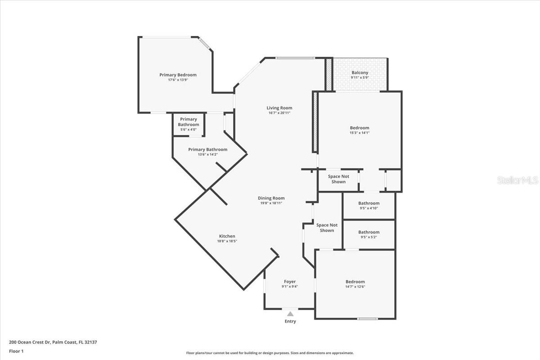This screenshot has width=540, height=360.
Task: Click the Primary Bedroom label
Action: tap(178, 75)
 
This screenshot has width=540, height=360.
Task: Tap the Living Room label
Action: tap(279, 108)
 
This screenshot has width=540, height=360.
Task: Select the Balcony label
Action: tap(360, 72)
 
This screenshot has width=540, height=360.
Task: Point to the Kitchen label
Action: tap(227, 236)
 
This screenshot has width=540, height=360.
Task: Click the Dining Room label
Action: tap(271, 198)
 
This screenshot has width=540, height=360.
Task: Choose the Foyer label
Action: tap(290, 282)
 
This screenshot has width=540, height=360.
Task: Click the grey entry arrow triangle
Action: tap(290, 314)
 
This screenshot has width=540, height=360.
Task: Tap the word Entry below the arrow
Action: tap(290, 321)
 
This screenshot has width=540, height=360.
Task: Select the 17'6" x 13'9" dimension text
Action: tap(178, 80)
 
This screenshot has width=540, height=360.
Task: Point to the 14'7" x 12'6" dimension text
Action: tap(355, 287)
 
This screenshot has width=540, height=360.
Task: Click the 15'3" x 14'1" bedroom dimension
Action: tap(360, 133)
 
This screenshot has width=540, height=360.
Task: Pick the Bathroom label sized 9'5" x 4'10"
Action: tap(369, 203)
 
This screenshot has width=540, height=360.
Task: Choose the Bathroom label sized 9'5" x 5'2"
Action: tap(369, 232)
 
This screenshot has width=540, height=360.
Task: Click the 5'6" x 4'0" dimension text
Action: tap(189, 130)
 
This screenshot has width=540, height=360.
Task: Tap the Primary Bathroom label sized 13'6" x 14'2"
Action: tap(208, 149)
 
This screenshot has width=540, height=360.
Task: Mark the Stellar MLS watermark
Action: tap(517, 180)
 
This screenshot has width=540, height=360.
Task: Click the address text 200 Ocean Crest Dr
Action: tap(30, 342)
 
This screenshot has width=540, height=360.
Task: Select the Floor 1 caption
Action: tap(16, 351)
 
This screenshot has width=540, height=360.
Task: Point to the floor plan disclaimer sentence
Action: tap(270, 353)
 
